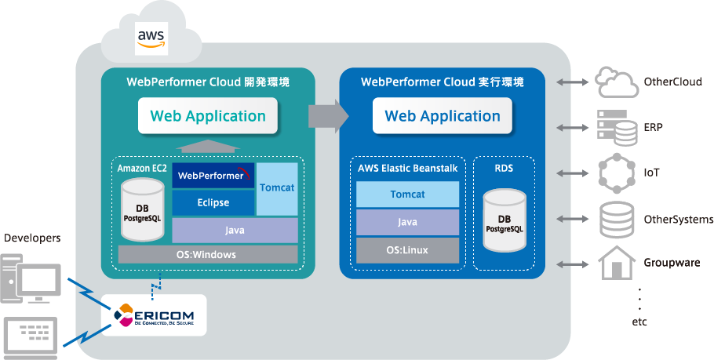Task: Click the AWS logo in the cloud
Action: pyautogui.click(x=151, y=38)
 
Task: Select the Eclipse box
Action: pyautogui.click(x=213, y=202)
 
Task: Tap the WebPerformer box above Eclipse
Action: pyautogui.click(x=213, y=176)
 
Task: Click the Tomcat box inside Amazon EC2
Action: pyautogui.click(x=277, y=188)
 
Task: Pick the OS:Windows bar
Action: pyautogui.click(x=207, y=254)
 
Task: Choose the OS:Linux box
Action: pyautogui.click(x=407, y=250)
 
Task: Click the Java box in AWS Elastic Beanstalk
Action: pyautogui.click(x=407, y=222)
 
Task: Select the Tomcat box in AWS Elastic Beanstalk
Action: pyautogui.click(x=407, y=194)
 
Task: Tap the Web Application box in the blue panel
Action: pyautogui.click(x=442, y=116)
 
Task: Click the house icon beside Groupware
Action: pyautogui.click(x=616, y=263)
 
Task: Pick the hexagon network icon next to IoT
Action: pyautogui.click(x=616, y=172)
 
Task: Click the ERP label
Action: pyautogui.click(x=654, y=126)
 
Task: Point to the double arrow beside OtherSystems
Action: pyautogui.click(x=571, y=219)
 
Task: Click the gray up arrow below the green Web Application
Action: pyautogui.click(x=207, y=145)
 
